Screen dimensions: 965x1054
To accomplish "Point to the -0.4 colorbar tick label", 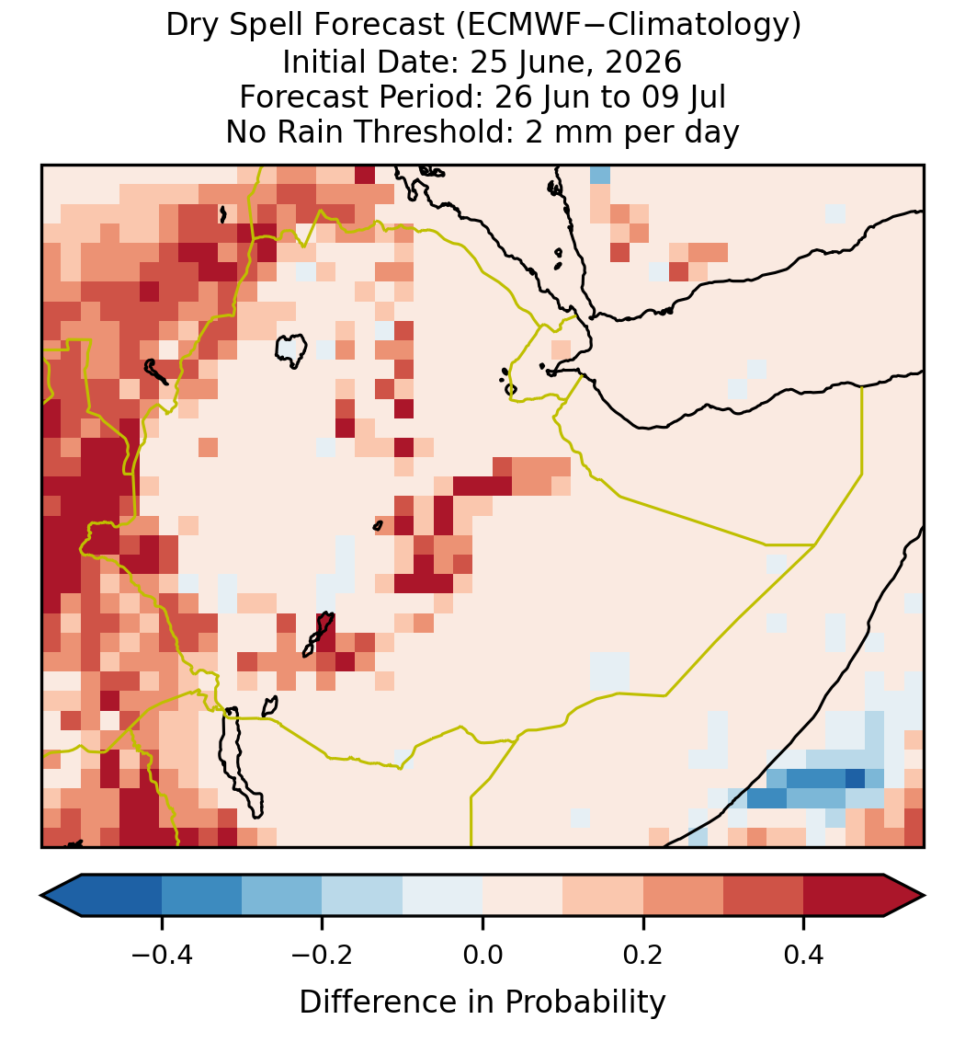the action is click(162, 954).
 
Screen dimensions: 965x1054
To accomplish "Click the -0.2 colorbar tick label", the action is click(323, 954).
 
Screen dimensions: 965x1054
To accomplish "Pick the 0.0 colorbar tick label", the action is click(482, 954).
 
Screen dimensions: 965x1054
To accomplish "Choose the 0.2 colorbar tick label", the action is click(643, 954).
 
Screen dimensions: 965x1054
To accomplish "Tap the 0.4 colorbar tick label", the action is click(804, 954).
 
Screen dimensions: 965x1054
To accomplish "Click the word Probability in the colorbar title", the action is click(585, 1002).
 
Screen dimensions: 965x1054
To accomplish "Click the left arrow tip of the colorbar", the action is click(41, 895).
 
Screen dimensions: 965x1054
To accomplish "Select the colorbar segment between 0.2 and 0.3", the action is click(683, 895).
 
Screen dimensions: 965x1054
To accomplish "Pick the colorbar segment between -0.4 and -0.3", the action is click(201, 895).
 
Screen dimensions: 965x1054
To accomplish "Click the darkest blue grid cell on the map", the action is click(855, 778).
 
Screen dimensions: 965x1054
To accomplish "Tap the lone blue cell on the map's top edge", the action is click(600, 175).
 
